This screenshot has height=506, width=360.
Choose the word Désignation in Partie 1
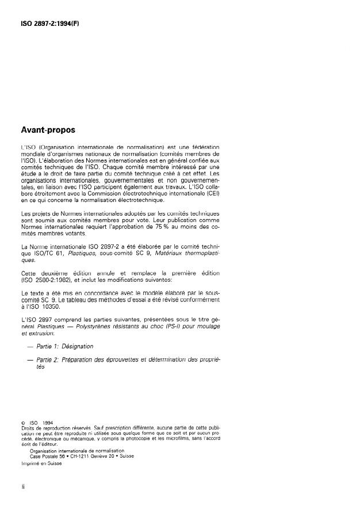tap(77, 346)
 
